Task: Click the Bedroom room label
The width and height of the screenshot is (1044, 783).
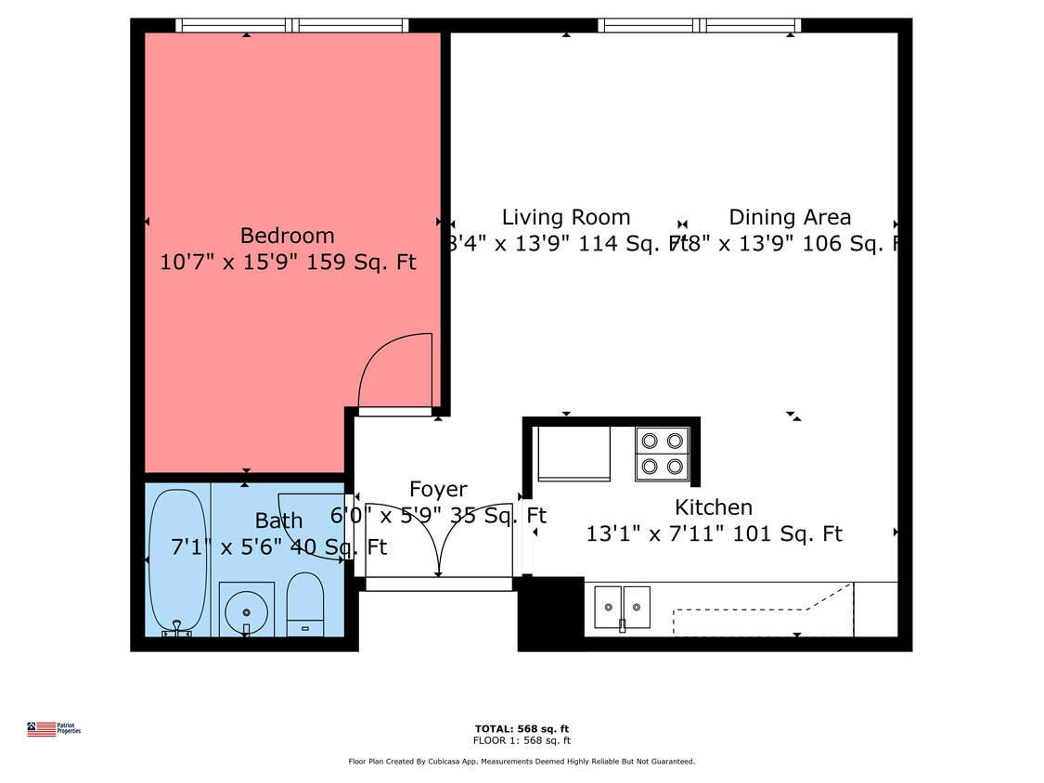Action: click(x=287, y=236)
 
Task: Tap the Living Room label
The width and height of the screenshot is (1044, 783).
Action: click(x=565, y=217)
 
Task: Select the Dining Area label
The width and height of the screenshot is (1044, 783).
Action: click(x=789, y=217)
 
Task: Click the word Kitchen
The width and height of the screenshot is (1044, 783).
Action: click(x=713, y=507)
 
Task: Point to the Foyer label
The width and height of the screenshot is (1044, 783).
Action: click(x=438, y=489)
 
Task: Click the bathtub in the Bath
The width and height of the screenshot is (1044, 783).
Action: click(x=176, y=562)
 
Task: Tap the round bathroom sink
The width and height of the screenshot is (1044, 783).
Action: click(x=246, y=610)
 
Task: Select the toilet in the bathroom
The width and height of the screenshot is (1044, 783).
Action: click(x=304, y=604)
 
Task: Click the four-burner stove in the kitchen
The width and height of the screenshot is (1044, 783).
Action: click(x=662, y=454)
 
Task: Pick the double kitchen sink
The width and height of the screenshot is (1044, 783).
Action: click(x=622, y=607)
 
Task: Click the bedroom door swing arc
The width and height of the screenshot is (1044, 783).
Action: click(x=393, y=369)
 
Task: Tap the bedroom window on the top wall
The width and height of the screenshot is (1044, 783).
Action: click(x=291, y=25)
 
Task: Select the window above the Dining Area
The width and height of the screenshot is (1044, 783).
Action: click(x=699, y=25)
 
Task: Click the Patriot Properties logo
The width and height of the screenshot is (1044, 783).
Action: click(x=54, y=729)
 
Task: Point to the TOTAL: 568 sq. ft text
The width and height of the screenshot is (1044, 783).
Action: click(x=521, y=728)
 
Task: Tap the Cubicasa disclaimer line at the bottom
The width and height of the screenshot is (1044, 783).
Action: click(x=521, y=762)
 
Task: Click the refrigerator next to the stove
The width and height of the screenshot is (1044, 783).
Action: click(x=574, y=454)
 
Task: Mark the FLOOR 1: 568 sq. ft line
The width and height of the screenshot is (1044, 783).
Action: click(x=521, y=740)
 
